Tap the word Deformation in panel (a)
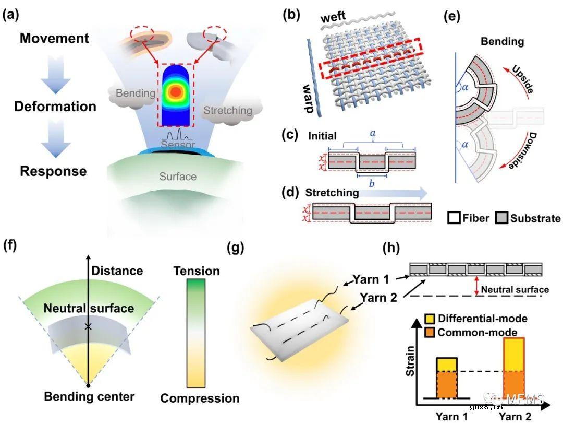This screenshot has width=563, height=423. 55,107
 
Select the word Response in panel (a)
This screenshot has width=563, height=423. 50,171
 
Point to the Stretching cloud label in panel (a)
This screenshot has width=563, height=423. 227,110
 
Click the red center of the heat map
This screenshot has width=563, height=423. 176,91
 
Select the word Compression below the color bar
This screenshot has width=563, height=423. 200,398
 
